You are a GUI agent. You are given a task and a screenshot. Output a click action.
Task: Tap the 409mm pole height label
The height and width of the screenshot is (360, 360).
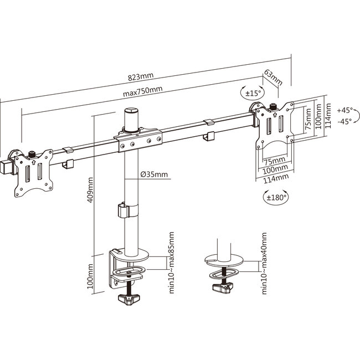pyautogui.click(x=90, y=189)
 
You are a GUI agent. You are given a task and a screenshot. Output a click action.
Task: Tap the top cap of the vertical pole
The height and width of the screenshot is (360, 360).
pyautogui.click(x=131, y=112)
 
